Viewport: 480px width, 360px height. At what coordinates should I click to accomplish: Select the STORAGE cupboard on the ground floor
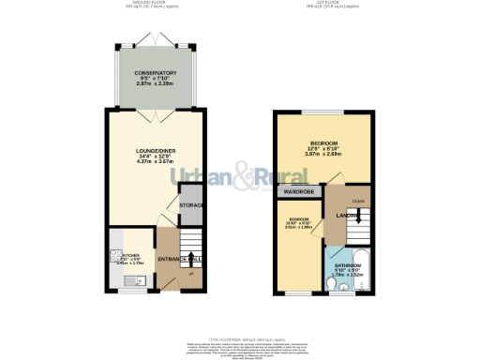click(x=191, y=204)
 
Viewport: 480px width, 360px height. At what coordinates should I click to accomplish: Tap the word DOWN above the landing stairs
click(x=358, y=201)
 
